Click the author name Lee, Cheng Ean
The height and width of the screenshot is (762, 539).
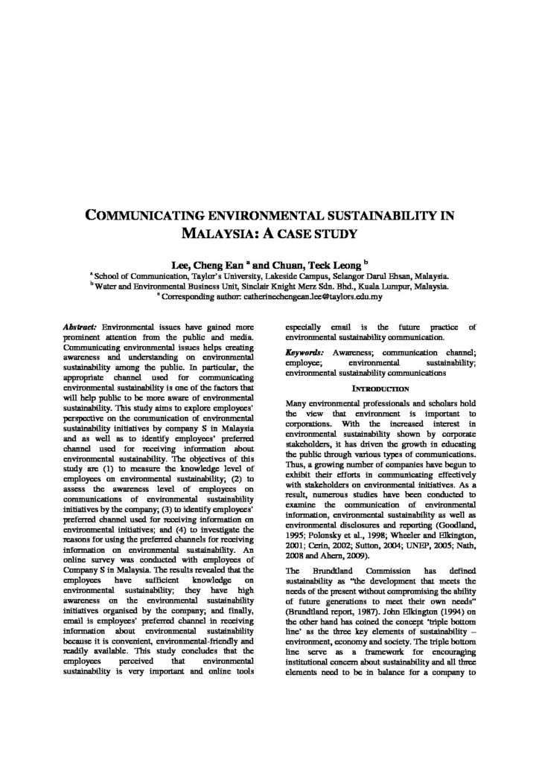(x=204, y=263)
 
